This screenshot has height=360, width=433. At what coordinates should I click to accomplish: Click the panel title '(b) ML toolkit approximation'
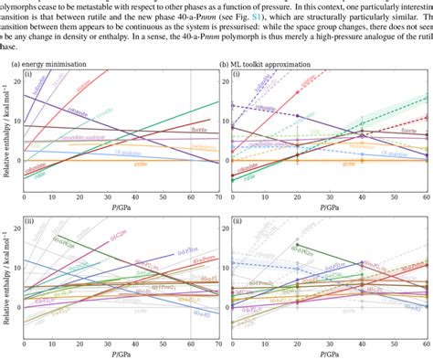(x=270, y=64)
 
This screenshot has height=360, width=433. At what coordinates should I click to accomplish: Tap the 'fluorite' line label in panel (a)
(x=198, y=130)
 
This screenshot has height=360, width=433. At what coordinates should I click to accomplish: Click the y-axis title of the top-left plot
(x=6, y=128)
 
